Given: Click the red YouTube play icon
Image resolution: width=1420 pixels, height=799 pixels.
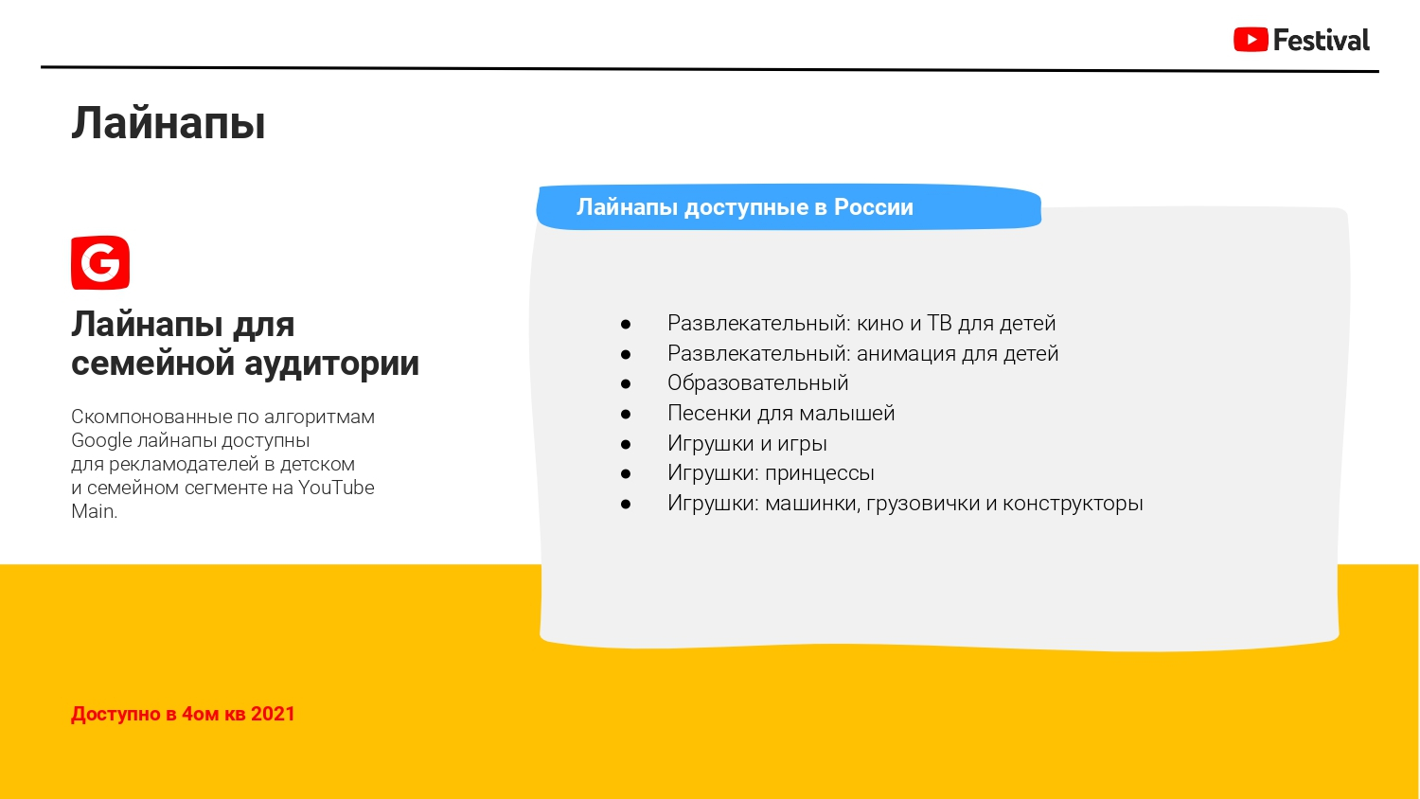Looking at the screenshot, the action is pyautogui.click(x=1251, y=40).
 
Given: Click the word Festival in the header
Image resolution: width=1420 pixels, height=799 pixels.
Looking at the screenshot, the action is pyautogui.click(x=1322, y=40).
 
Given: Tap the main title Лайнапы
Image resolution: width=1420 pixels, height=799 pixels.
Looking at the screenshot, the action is pyautogui.click(x=168, y=123).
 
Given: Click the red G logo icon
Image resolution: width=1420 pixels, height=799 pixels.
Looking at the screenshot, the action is pyautogui.click(x=100, y=262).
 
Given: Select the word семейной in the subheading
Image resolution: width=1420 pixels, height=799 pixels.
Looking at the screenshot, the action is pyautogui.click(x=152, y=364).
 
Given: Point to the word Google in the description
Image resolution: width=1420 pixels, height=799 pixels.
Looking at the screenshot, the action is pyautogui.click(x=101, y=441).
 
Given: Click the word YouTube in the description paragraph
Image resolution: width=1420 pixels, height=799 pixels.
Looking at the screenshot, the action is pyautogui.click(x=336, y=488).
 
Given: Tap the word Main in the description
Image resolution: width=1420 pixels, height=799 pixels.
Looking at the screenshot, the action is pyautogui.click(x=93, y=511).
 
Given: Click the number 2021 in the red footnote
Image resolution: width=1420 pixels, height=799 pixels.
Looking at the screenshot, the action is pyautogui.click(x=273, y=714).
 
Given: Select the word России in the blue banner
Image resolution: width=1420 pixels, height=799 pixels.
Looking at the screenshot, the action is pyautogui.click(x=873, y=207).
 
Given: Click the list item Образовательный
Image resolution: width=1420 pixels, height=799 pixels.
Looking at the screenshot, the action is pyautogui.click(x=757, y=383).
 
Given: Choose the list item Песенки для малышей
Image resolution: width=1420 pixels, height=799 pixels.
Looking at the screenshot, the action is pyautogui.click(x=781, y=414).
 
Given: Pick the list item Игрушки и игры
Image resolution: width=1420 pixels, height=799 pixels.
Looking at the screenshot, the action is pyautogui.click(x=747, y=444).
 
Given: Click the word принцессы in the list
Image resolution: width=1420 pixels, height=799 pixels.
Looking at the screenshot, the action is pyautogui.click(x=820, y=473).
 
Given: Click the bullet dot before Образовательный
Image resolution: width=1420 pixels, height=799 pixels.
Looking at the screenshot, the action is pyautogui.click(x=626, y=384).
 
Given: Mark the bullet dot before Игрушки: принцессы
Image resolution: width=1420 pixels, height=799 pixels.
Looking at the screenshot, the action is pyautogui.click(x=626, y=474).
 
